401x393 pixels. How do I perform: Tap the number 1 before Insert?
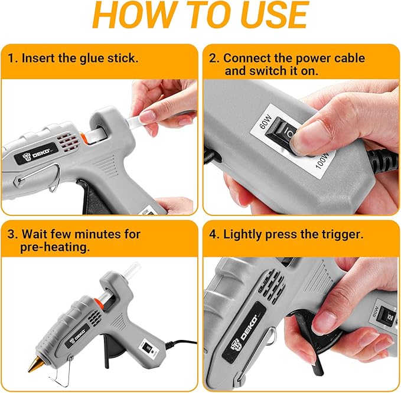click(x=12, y=58)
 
